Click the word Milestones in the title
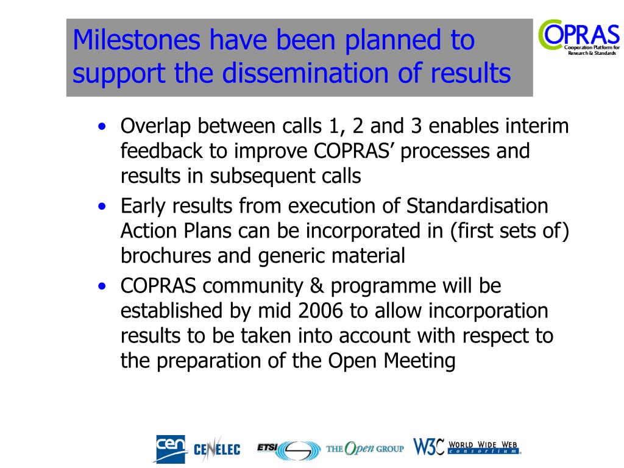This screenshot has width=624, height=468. coord(136,40)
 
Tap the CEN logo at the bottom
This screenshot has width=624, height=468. coord(171,449)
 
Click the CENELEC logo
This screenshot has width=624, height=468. coord(217,449)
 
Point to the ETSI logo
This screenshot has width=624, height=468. coord(289,450)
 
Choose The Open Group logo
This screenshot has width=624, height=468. coord(365,448)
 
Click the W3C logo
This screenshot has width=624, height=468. coord(467,447)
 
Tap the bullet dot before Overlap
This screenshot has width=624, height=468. coord(102,127)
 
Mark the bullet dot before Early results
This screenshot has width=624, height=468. coord(102,207)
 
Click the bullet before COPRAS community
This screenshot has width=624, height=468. coord(102,286)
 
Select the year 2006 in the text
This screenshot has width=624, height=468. coord(321,310)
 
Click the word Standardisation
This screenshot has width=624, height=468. coord(477,206)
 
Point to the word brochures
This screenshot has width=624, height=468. coord(166,255)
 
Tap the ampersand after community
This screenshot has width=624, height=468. coord(317,286)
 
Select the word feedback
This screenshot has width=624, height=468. coord(161,151)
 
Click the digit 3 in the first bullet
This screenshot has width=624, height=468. coord(416,126)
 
